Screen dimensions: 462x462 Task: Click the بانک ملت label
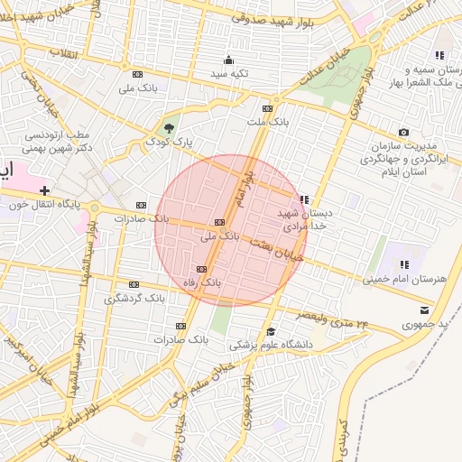267,120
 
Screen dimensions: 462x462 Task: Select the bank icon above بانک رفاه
201,269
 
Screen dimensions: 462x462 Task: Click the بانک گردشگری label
134,297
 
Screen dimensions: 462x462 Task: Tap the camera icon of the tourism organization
403,133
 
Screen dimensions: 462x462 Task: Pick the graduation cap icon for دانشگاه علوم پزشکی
271,331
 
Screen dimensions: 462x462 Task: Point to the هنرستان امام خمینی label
405,279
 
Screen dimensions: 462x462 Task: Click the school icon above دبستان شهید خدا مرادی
304,199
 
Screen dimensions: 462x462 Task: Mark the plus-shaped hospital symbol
43,190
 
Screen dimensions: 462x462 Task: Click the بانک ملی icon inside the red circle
219,222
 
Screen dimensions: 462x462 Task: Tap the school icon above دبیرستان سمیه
440,55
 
